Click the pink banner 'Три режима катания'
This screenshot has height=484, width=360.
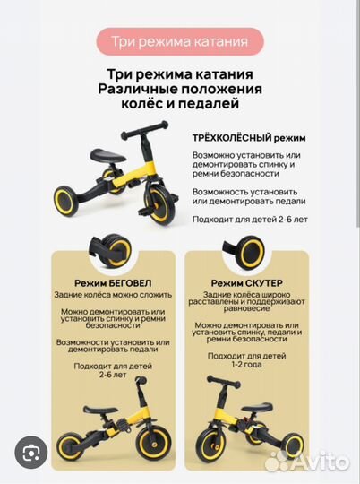[x=180, y=41]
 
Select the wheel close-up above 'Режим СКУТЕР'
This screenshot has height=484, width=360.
[x=252, y=248]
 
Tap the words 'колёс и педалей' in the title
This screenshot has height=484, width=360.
[x=180, y=105]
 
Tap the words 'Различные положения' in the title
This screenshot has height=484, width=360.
[x=180, y=89]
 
